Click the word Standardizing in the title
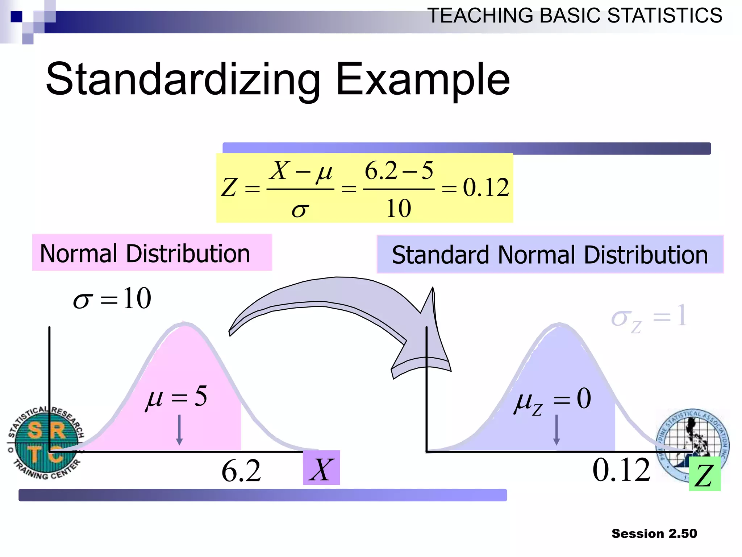pos(183,80)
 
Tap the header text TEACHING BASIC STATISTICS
pos(575,16)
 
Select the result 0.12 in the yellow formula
pos(485,188)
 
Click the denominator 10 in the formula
pos(399,209)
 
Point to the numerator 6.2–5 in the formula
pos(399,170)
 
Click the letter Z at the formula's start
pos(229,188)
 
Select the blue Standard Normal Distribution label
pos(550,255)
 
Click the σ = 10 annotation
pos(112,298)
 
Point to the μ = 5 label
pos(176,397)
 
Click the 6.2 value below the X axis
pos(241,471)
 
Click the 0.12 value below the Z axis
pos(621,470)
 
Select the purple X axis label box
pos(321,468)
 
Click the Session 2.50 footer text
pos(654,533)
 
